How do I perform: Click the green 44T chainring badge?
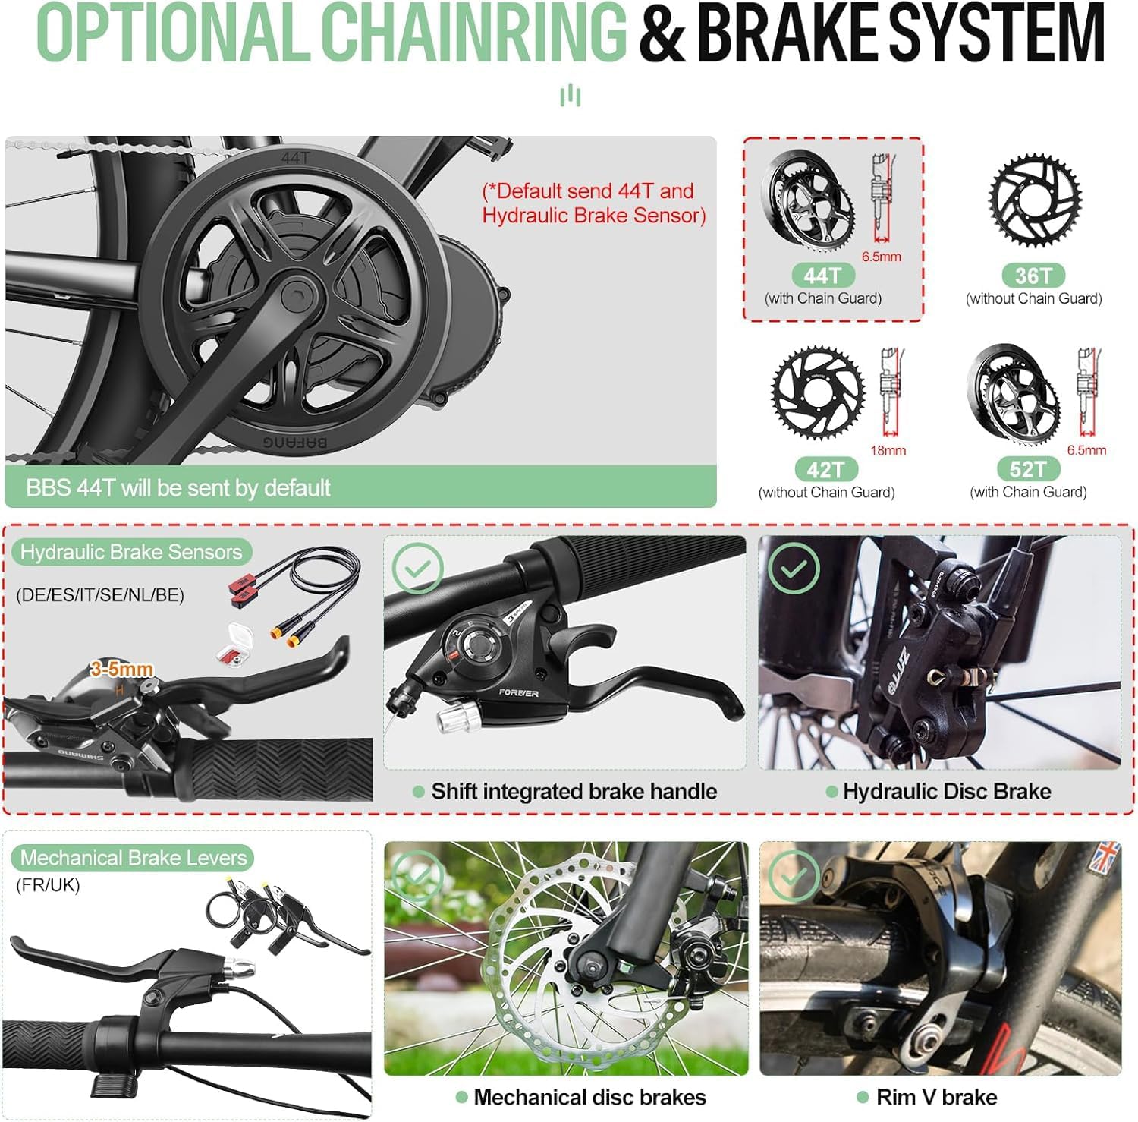pos(823,275)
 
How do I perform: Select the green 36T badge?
pos(1033,275)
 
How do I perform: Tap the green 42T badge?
pos(825,469)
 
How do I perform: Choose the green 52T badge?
pos(1028,469)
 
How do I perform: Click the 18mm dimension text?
pos(888,451)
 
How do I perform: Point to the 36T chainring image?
pos(1035,200)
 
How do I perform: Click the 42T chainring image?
pos(818,392)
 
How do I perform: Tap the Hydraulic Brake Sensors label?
pos(131,552)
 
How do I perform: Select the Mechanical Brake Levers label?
pos(133,858)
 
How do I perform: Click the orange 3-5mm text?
pos(121,669)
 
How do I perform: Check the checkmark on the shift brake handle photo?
pos(417,569)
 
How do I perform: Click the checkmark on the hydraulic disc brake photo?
pos(794,569)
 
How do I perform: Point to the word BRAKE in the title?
pos(786,33)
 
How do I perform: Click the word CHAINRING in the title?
pos(474,33)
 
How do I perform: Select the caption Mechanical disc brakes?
pos(589,1097)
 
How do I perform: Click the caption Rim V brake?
pos(936,1097)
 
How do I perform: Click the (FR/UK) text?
pos(48,885)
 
